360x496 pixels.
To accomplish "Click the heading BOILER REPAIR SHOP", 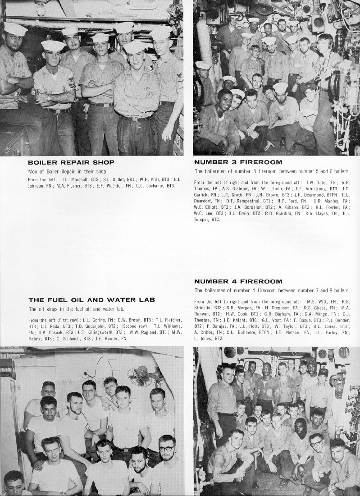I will pyautogui.click(x=71, y=162).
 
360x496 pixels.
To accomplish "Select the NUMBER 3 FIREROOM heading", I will pyautogui.click(x=238, y=162).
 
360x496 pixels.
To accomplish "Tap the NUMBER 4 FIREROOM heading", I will pyautogui.click(x=238, y=281).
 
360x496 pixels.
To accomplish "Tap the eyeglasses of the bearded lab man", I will pyautogui.click(x=166, y=449).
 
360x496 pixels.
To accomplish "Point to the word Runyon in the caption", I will pyautogui.click(x=203, y=314).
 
